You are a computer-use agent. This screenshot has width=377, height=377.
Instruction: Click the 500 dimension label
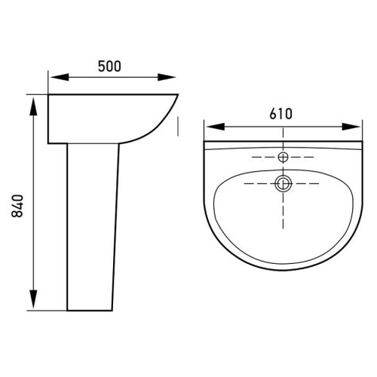coord(109,66)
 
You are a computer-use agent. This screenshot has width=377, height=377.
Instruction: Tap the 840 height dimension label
coord(17,206)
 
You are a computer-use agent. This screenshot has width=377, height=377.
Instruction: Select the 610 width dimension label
coord(281,114)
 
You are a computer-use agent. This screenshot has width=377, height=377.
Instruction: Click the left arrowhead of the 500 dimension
coord(60,77)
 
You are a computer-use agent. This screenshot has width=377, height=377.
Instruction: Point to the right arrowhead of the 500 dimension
coord(167,77)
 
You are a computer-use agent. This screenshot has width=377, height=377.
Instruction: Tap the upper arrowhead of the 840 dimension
coord(33,106)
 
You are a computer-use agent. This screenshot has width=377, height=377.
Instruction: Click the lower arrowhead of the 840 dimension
coord(33,299)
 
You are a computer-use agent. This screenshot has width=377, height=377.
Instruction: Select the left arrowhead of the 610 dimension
coord(215,127)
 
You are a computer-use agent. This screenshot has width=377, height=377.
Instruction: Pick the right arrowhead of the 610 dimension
coord(351,127)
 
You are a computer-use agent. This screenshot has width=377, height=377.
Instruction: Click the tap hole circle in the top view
coord(284,158)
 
